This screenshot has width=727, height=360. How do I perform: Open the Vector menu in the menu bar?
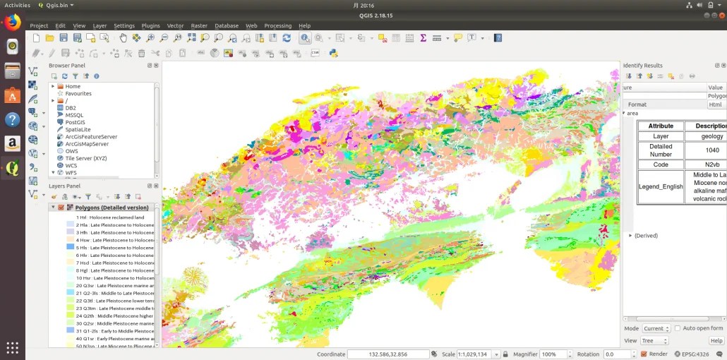pyautogui.click(x=175, y=25)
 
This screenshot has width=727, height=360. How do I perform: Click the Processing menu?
pyautogui.click(x=277, y=25)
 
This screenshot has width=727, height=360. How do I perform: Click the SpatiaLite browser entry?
pyautogui.click(x=78, y=130)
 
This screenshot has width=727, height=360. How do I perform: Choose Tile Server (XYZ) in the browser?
pyautogui.click(x=86, y=158)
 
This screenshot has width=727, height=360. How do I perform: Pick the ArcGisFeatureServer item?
pyautogui.click(x=91, y=137)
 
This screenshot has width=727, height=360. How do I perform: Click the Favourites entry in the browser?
pyautogui.click(x=78, y=93)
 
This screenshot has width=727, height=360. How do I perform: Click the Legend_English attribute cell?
pyautogui.click(x=661, y=187)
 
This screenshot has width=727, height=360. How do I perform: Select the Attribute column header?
pyautogui.click(x=661, y=126)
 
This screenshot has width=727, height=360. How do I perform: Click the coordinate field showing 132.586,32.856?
pyautogui.click(x=387, y=354)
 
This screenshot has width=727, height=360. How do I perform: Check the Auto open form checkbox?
pyautogui.click(x=678, y=328)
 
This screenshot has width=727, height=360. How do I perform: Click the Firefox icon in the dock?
pyautogui.click(x=12, y=21)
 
